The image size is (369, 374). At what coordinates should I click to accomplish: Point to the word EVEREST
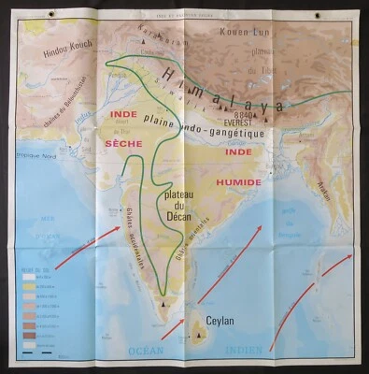point(244,122)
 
